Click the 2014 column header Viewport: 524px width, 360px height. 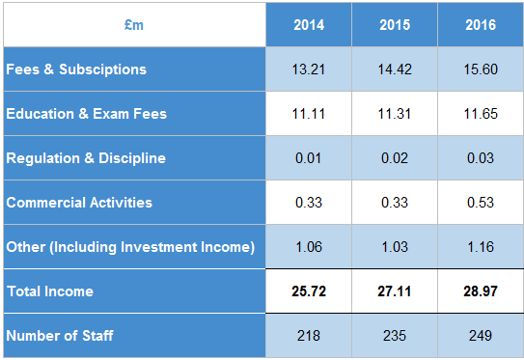click(308, 25)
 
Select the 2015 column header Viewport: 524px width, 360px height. click(394, 25)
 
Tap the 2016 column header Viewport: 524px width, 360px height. click(480, 25)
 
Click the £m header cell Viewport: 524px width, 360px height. click(133, 25)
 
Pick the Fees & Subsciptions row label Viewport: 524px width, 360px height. click(76, 69)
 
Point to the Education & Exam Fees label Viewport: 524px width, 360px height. click(86, 114)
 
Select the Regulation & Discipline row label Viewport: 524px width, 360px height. click(86, 158)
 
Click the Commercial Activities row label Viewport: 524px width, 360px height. click(79, 203)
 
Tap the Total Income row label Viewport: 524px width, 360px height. click(49, 291)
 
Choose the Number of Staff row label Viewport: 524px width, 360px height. click(60, 335)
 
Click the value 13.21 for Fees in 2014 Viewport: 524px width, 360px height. click(308, 69)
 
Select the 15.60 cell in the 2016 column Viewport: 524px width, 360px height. click(480, 69)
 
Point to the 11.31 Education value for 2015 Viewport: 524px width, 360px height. click(394, 114)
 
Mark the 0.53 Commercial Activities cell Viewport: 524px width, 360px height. click(480, 203)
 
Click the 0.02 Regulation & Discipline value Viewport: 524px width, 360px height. click(394, 158)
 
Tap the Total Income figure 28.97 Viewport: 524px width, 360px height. click(480, 291)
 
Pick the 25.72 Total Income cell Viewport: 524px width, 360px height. click(308, 291)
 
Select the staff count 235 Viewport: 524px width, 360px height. click(394, 335)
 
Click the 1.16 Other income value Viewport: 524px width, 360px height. click(480, 247)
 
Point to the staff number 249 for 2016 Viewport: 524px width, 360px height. click(480, 335)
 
